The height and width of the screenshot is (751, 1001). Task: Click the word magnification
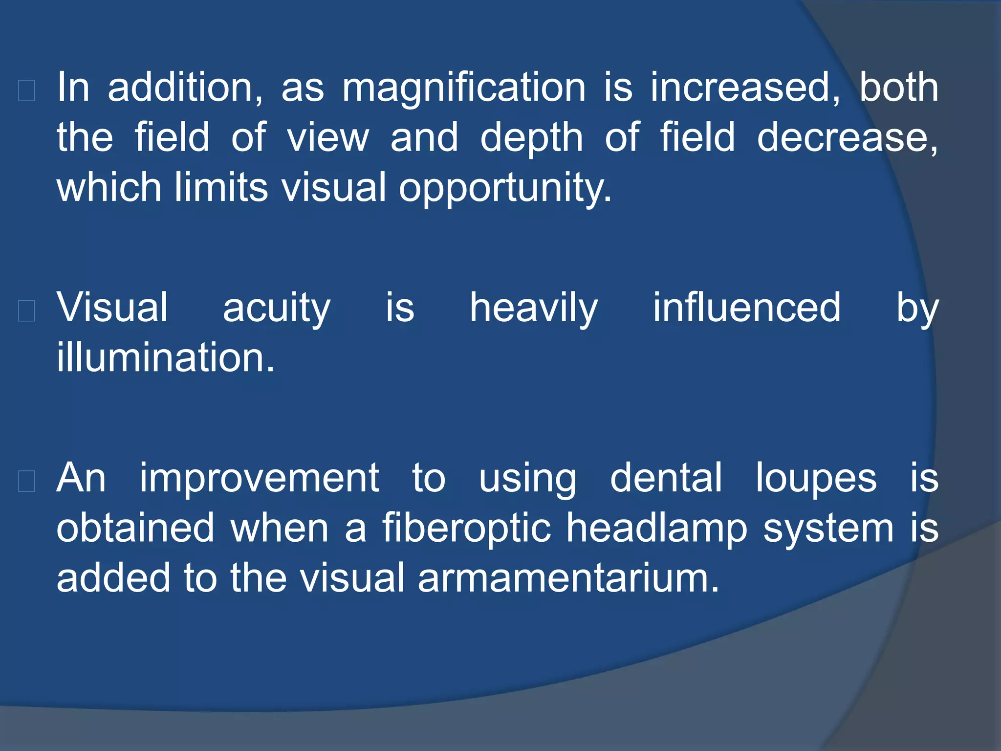pos(463,88)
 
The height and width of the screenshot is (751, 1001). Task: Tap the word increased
pos(745,88)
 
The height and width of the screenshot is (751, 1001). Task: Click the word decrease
pos(847,139)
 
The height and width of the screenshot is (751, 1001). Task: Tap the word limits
pos(221,188)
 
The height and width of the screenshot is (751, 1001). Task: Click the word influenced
pos(746,308)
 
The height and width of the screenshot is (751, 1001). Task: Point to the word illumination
pos(165,358)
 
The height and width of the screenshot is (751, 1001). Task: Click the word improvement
pos(259,479)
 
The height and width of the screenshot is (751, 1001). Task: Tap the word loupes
pos(816,479)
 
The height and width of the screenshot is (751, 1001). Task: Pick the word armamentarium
pos(568,579)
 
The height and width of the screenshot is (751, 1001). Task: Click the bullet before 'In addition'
pos(26,90)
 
